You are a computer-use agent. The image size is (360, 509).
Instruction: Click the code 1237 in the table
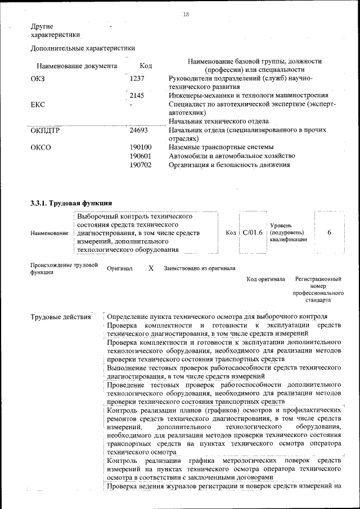[x=137, y=78]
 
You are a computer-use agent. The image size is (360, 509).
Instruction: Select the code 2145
[x=137, y=96]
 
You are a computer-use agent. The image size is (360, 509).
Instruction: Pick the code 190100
[x=141, y=147]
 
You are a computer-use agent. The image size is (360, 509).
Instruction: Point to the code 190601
[x=141, y=156]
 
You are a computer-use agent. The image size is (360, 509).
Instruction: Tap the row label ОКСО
[x=41, y=147]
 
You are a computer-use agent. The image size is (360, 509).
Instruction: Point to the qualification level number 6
[x=329, y=232]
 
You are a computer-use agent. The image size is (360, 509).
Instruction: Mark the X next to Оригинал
[x=151, y=268]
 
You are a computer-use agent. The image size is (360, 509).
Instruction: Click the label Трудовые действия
[x=61, y=317]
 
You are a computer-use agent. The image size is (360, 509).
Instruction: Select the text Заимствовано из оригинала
[x=200, y=269]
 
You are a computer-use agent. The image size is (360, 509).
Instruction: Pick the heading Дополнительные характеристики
[x=83, y=48]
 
